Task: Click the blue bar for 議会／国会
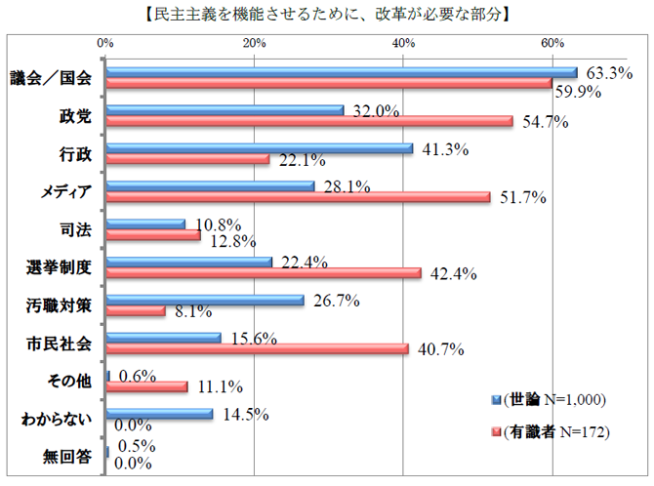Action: (342, 72)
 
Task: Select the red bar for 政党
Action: (309, 121)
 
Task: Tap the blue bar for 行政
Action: (260, 148)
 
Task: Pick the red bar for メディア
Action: (298, 197)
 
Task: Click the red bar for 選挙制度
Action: (264, 273)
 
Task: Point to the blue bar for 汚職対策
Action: (205, 301)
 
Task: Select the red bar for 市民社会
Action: (257, 348)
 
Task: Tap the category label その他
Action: (69, 381)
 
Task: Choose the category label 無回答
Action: (69, 457)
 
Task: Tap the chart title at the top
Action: (327, 15)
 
